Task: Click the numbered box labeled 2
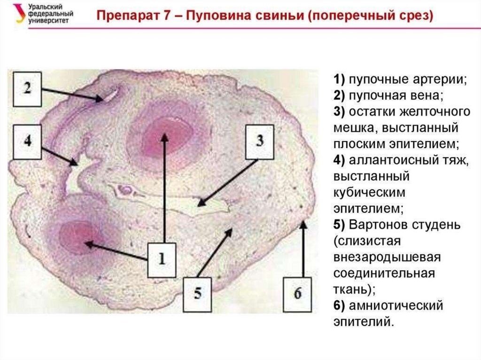[27, 88]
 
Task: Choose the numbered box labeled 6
[298, 294]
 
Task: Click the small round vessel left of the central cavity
[126, 190]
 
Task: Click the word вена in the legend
[425, 96]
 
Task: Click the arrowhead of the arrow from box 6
[303, 224]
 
